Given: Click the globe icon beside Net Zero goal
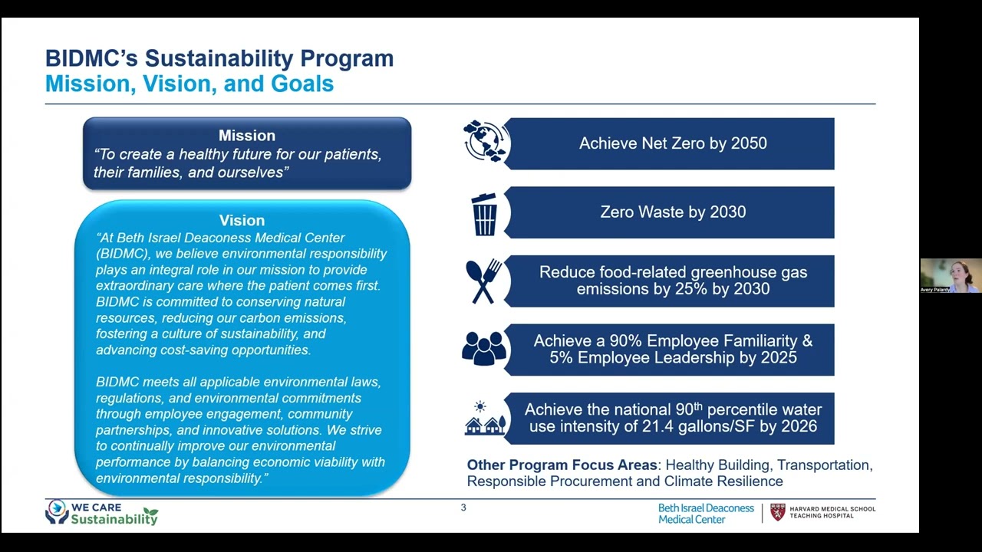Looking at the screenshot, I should (x=486, y=142).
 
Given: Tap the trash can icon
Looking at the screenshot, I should (x=484, y=214).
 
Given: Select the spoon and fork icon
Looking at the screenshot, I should (x=483, y=281).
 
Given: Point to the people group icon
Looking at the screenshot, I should (x=484, y=349).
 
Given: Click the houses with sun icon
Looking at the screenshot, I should (x=485, y=419).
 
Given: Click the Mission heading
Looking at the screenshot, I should (x=246, y=136).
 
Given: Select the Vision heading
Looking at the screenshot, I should (x=242, y=221).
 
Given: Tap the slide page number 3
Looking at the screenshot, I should (x=463, y=508).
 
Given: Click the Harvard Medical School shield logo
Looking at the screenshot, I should (x=778, y=512).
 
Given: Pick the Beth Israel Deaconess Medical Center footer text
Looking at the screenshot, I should (x=706, y=514).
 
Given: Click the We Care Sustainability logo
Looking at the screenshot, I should (x=101, y=513).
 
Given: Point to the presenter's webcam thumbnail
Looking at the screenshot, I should (x=951, y=276).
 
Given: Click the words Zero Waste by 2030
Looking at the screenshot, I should (x=673, y=212).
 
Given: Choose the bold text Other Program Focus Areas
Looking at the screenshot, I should (x=562, y=465).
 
